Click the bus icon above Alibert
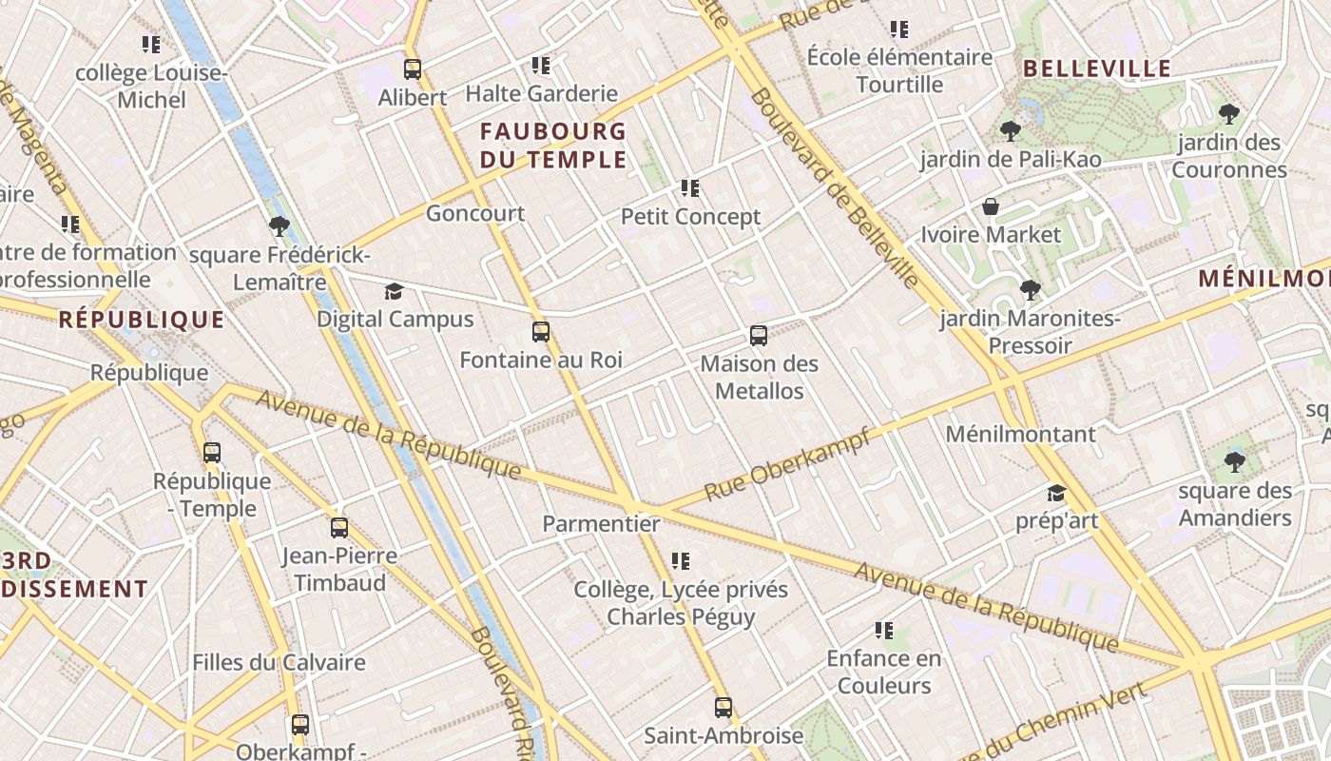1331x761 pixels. pyautogui.click(x=412, y=68)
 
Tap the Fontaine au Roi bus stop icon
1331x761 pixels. pyautogui.click(x=540, y=332)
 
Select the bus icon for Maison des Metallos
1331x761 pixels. pyautogui.click(x=758, y=335)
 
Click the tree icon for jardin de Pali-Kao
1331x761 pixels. pyautogui.click(x=1010, y=131)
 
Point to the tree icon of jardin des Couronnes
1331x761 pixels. pyautogui.click(x=1228, y=114)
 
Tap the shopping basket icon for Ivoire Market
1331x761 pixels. pyautogui.click(x=991, y=206)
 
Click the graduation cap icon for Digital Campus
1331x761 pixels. pyautogui.click(x=394, y=291)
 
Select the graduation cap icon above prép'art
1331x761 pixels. pyautogui.click(x=1056, y=493)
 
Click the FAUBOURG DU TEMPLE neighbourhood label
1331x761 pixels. pyautogui.click(x=553, y=145)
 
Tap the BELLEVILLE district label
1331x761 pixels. pyautogui.click(x=1097, y=68)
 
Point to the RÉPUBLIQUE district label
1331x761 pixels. pyautogui.click(x=142, y=320)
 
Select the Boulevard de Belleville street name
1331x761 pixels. pyautogui.click(x=834, y=188)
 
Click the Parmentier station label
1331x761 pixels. pyautogui.click(x=601, y=523)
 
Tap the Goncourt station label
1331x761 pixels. pyautogui.click(x=474, y=213)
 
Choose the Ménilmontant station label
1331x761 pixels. pyautogui.click(x=1020, y=434)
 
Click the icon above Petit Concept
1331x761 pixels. pyautogui.click(x=690, y=188)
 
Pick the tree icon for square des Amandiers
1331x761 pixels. pyautogui.click(x=1234, y=462)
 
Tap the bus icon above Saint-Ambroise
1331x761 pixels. pyautogui.click(x=723, y=707)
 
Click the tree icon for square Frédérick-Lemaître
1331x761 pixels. pyautogui.click(x=279, y=226)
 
